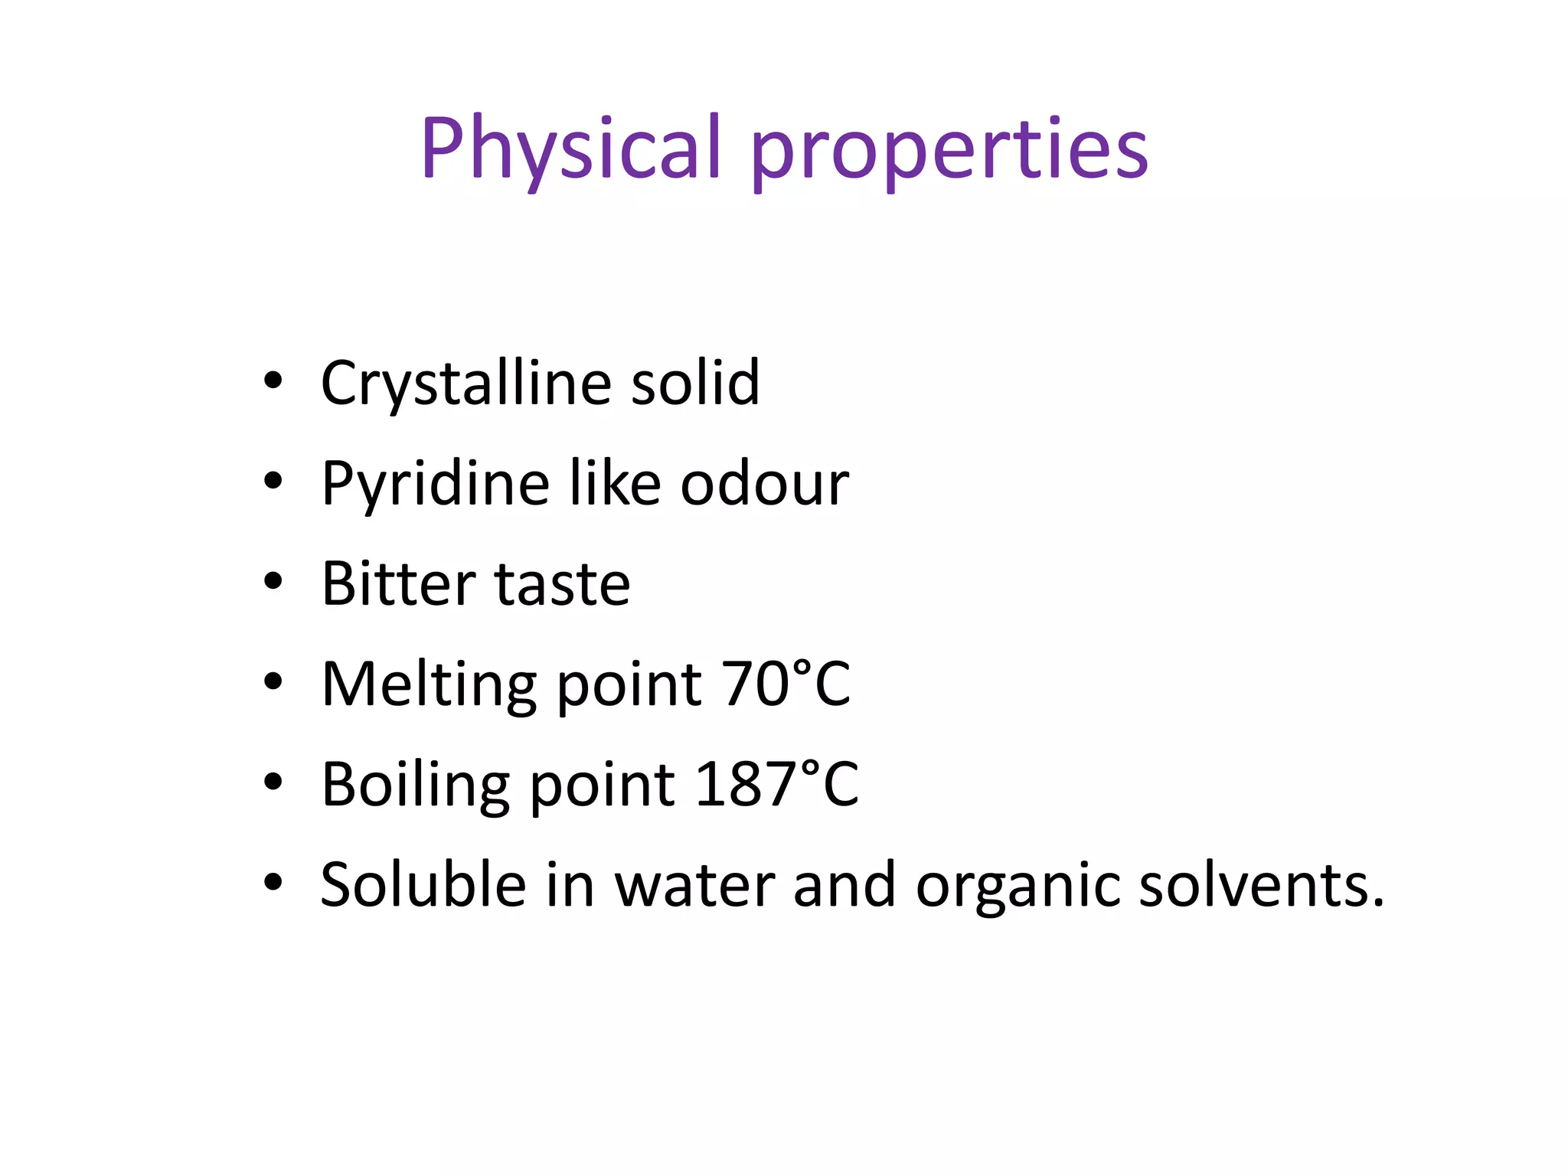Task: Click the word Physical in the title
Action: pos(570,149)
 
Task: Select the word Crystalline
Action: pos(465,383)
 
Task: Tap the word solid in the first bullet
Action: pos(694,383)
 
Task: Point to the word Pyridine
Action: pos(435,485)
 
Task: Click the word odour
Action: pos(764,485)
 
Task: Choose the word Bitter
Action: pos(398,584)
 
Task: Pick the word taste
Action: pos(563,584)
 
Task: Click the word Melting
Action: pos(429,684)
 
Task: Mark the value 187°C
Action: pos(776,785)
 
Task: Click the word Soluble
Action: pos(423,886)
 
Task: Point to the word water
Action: pos(693,886)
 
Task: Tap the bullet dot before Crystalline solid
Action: pos(273,381)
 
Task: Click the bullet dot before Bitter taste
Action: pos(273,582)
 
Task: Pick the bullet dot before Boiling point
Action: pos(273,782)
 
